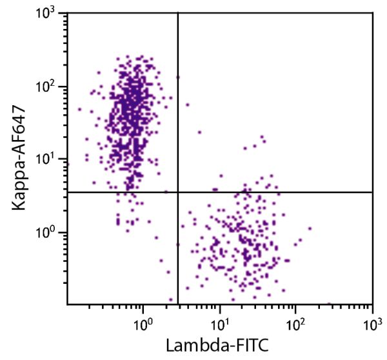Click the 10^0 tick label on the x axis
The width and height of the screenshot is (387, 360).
143,320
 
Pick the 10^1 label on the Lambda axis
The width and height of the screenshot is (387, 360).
219,320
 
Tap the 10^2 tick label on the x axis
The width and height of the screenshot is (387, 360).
295,320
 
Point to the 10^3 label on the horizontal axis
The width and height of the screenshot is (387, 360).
372,320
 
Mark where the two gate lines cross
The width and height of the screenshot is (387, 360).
177,192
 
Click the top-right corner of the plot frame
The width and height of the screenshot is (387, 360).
373,13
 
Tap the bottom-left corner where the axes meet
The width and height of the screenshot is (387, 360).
67,304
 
